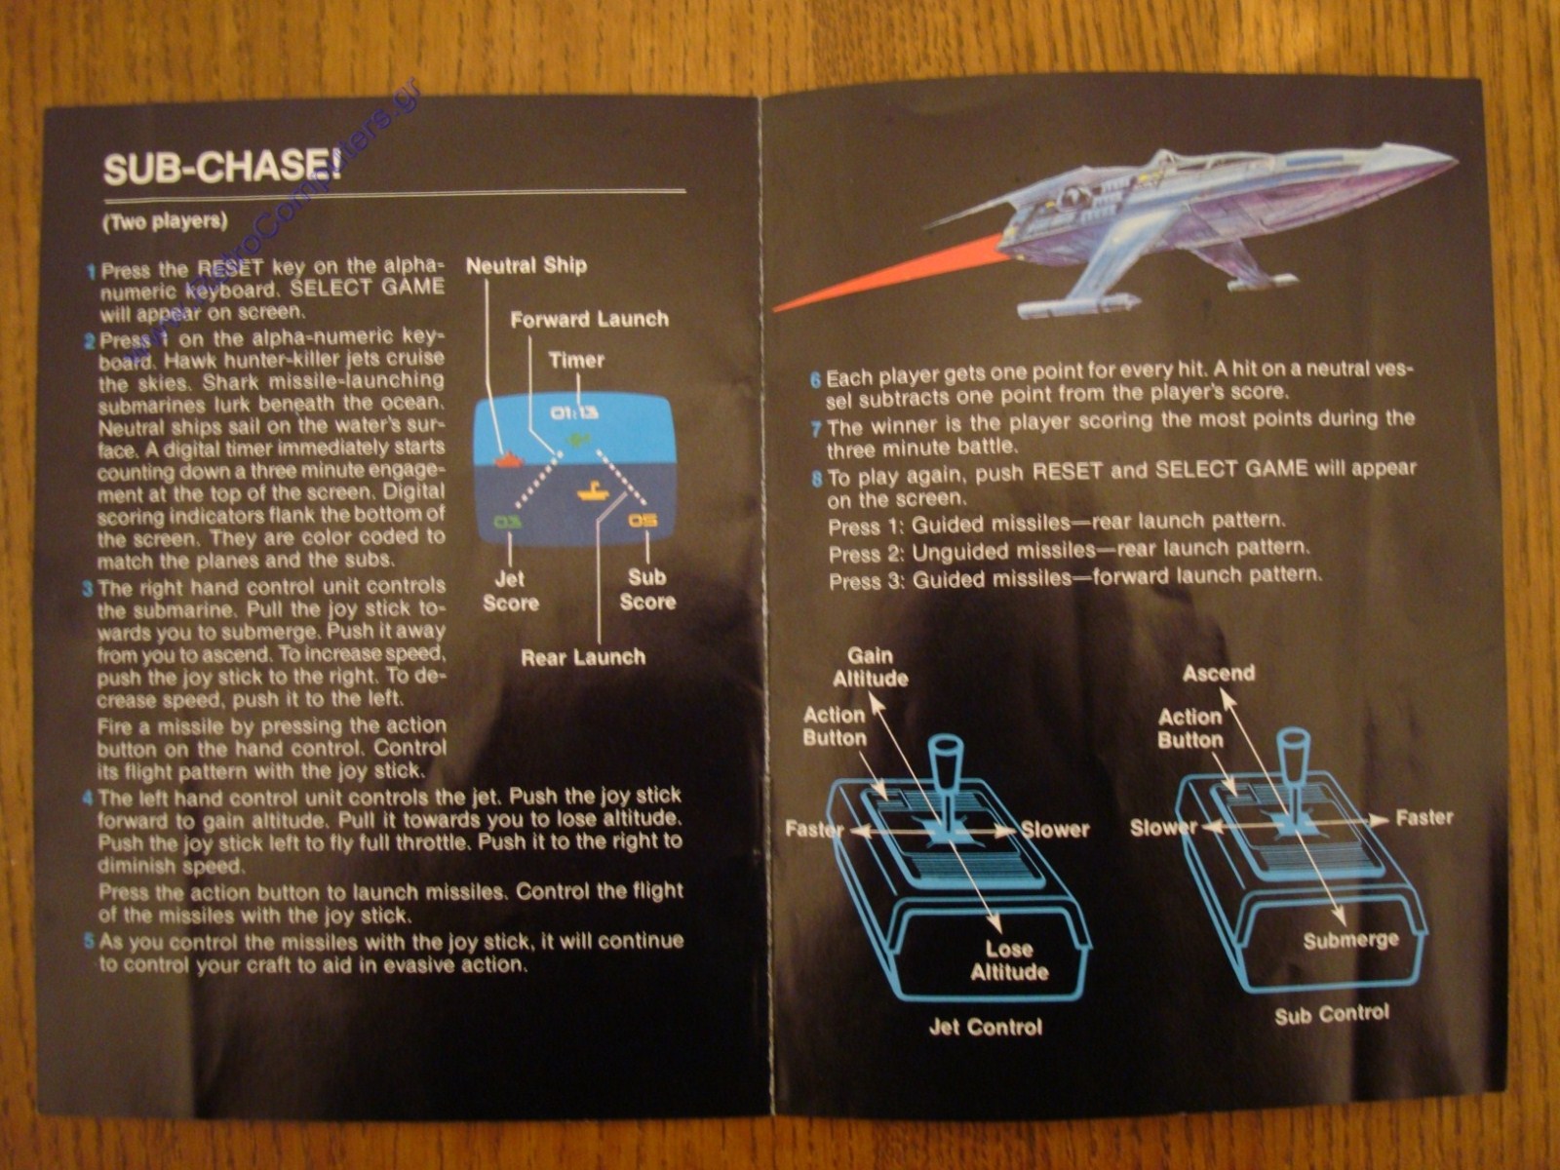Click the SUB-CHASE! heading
coord(222,168)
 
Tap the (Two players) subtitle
coord(164,221)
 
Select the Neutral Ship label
coord(526,265)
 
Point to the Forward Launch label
coord(589,320)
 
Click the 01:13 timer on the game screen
coord(575,412)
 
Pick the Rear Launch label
coord(582,657)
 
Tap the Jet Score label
coord(510,591)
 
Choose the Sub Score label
coord(646,589)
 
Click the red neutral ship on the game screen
coord(509,458)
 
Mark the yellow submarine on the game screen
coord(593,490)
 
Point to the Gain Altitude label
coord(870,667)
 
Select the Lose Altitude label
coord(1009,960)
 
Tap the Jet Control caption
coord(985,1027)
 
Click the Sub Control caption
coord(1331,1015)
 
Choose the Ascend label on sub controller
coord(1218,673)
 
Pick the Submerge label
coord(1350,940)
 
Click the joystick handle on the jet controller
coord(947,770)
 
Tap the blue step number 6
coord(815,378)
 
